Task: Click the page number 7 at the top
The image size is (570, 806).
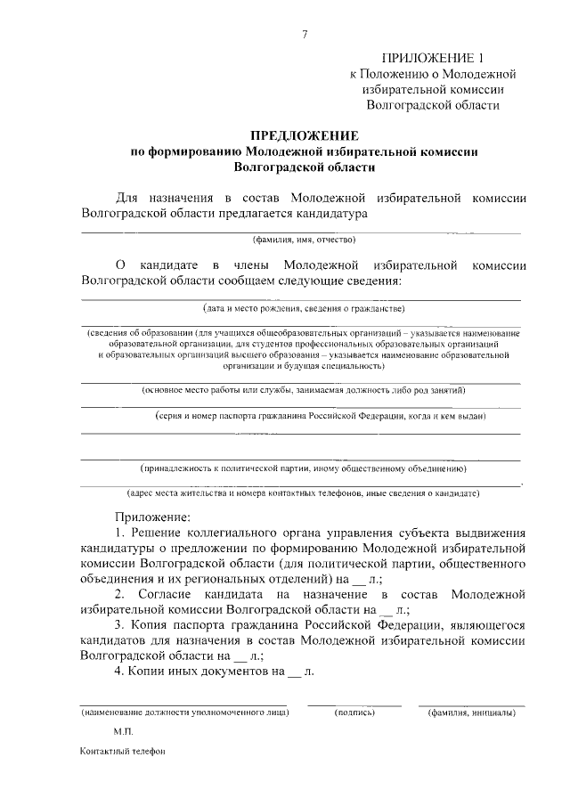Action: pos(305,36)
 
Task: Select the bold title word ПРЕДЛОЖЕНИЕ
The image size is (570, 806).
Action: pos(304,136)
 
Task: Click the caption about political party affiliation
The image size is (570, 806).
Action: pos(304,468)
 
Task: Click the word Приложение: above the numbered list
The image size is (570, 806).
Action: pos(152,516)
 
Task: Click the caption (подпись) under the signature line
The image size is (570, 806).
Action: pos(354,712)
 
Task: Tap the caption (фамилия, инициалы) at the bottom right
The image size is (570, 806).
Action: pos(471,712)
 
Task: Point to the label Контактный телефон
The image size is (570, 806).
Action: pos(123,750)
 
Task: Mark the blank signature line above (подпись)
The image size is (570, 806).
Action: pos(354,704)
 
